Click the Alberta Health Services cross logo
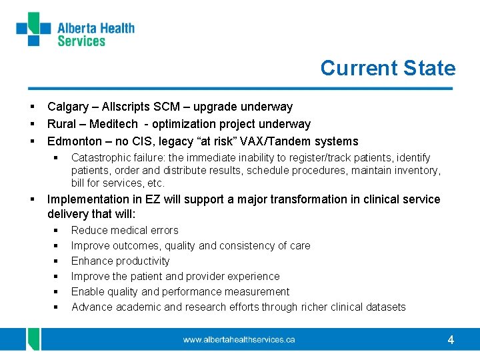[x=33, y=29]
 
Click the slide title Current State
[x=387, y=68]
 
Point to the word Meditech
[x=113, y=124]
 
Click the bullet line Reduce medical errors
[x=125, y=231]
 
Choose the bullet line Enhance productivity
[x=120, y=261]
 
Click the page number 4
[x=451, y=340]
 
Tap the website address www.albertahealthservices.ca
[x=239, y=340]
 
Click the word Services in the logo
[x=81, y=41]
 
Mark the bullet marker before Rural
[x=32, y=124]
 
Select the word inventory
[x=417, y=171]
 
